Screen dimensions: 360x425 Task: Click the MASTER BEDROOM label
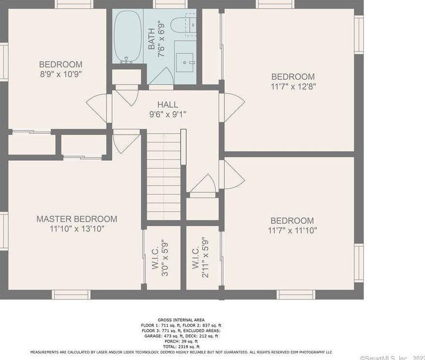pos(76,219)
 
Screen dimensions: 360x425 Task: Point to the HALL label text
pos(167,105)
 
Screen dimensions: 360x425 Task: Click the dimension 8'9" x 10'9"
pos(61,75)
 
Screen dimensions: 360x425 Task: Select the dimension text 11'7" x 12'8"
pos(292,87)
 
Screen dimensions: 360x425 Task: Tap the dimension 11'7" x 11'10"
pos(292,231)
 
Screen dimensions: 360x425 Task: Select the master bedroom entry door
pos(122,143)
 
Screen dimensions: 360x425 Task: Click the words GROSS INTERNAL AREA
pos(181,320)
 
